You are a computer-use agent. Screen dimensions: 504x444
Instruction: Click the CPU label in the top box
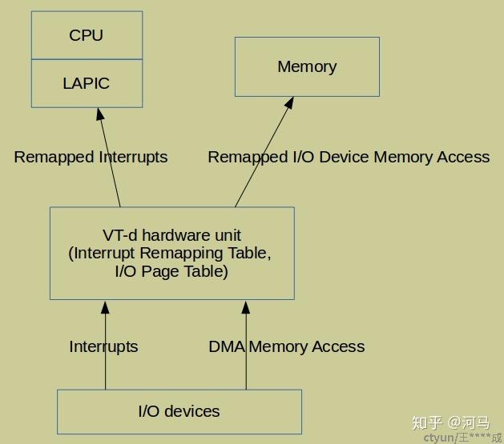[x=87, y=35]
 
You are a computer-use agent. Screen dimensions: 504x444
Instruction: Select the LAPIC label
[x=87, y=83]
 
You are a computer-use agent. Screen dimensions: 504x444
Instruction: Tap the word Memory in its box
[x=307, y=66]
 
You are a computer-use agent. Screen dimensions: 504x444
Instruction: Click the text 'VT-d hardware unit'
[x=171, y=235]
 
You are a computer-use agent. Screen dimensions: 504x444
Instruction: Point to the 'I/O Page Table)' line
[x=171, y=271]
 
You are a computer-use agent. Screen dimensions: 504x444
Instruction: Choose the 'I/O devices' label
[x=179, y=411]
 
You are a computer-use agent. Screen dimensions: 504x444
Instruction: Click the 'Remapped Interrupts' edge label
[x=91, y=157]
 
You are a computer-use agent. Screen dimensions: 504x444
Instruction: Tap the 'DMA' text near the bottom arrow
[x=227, y=346]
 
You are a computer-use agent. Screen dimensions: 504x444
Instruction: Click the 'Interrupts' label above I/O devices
[x=103, y=346]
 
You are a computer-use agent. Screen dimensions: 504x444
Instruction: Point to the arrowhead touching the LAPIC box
[x=100, y=114]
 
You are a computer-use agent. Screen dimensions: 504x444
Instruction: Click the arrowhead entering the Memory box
[x=289, y=103]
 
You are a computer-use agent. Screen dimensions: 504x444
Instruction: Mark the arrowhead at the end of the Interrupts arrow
[x=105, y=307]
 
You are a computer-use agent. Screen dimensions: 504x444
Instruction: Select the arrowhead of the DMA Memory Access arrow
[x=246, y=307]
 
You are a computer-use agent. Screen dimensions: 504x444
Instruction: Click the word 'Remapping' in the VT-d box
[x=181, y=254]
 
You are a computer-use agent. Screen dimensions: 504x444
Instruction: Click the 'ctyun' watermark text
[x=438, y=438]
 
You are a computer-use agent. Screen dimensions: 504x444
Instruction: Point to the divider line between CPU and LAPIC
[x=87, y=59]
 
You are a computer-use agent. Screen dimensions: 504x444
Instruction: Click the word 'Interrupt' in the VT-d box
[x=103, y=254]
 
